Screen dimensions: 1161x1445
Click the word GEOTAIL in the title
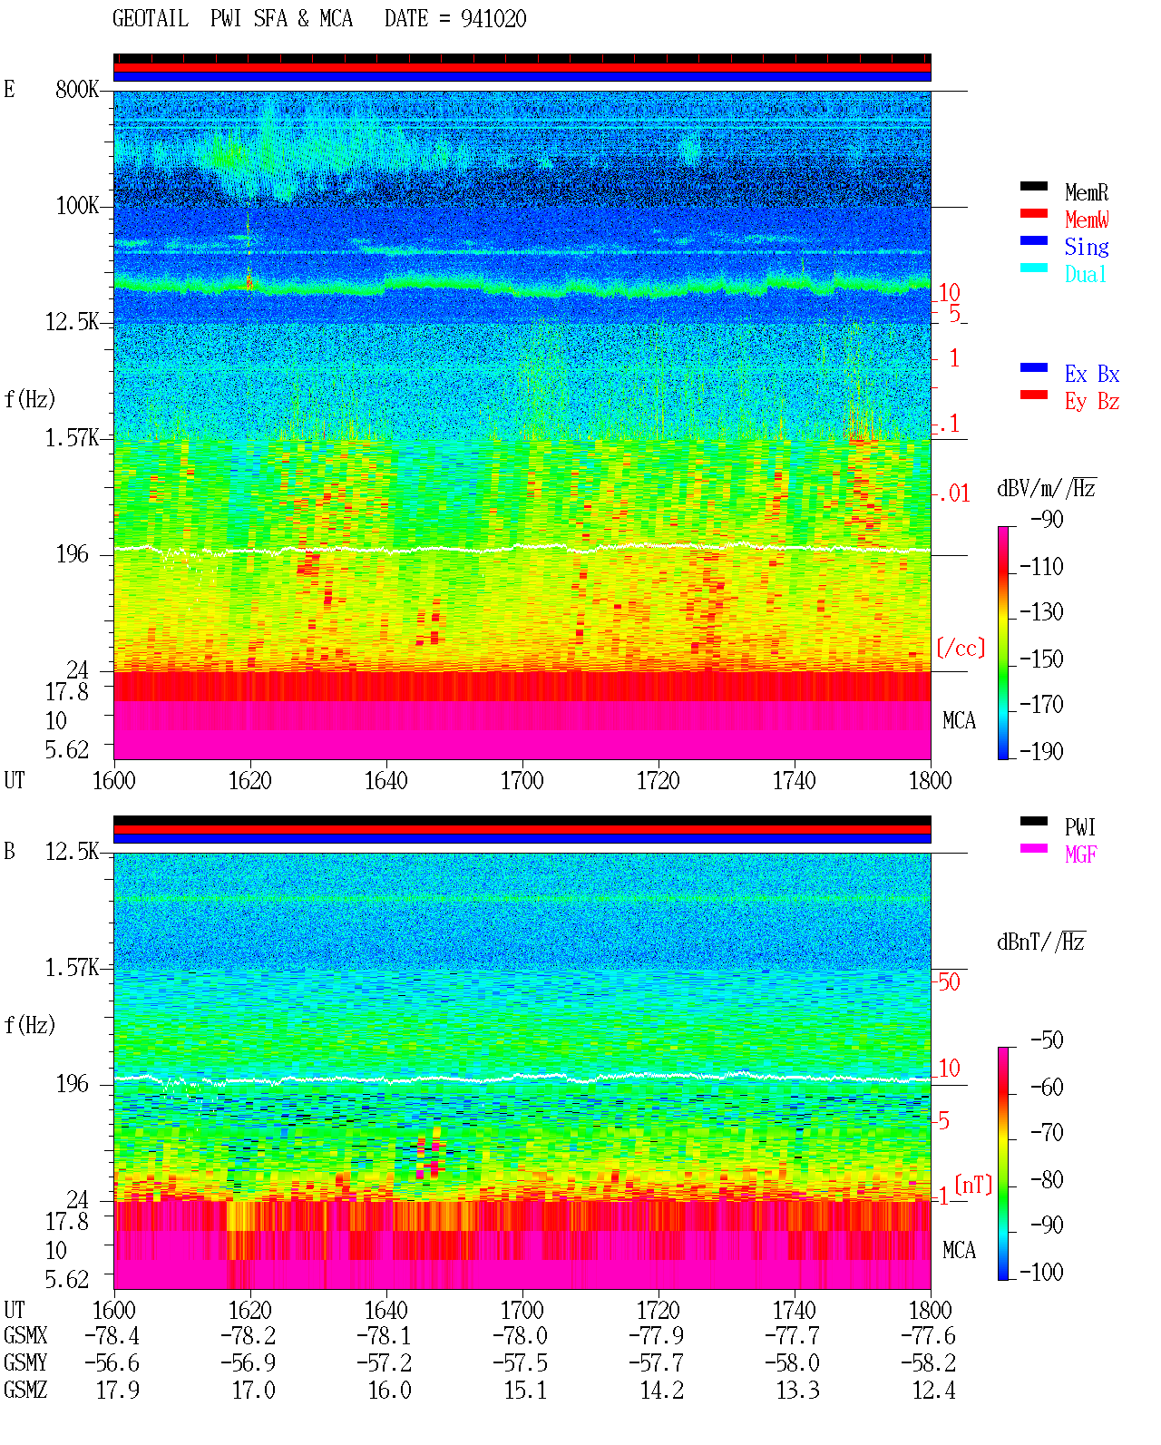(151, 18)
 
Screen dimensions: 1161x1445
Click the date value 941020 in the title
(493, 18)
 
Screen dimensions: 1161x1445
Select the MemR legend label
(1087, 192)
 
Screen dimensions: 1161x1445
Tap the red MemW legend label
(1087, 220)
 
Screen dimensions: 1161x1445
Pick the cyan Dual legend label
(1086, 274)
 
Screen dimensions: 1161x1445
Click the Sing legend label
(1087, 247)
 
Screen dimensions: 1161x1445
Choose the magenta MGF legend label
(1080, 854)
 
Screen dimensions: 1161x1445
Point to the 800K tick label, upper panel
(77, 89)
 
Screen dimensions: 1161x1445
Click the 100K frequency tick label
(77, 206)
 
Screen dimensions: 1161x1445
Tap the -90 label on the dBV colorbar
(1047, 519)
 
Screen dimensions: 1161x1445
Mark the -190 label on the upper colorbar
(1041, 751)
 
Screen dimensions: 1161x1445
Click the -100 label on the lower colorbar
(1041, 1272)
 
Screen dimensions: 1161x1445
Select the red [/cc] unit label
(961, 648)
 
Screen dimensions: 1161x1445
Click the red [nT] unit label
(973, 1185)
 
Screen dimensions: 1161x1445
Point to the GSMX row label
(25, 1335)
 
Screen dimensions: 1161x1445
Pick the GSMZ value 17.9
(118, 1390)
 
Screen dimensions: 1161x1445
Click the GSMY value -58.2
(928, 1363)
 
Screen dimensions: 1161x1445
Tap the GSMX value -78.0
(520, 1335)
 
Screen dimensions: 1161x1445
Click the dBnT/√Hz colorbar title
(1041, 942)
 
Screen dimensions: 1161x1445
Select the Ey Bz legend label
(1092, 402)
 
